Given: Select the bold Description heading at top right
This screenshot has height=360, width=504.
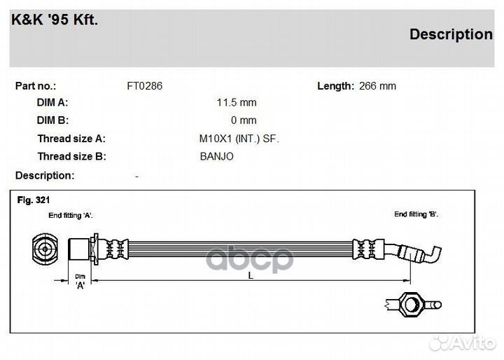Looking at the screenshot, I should pos(450,34).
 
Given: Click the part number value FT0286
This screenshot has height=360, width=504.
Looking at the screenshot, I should pos(144,86).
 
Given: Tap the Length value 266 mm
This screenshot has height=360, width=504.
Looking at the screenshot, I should pos(377,86).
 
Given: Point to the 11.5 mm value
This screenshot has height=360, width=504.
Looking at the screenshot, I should pos(237,103).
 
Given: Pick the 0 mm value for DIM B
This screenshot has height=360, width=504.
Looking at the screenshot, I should pos(244,120).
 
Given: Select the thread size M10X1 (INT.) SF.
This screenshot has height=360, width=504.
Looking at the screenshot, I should pos(239,139).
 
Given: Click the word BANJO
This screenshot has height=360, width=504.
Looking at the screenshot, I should pos(216,156).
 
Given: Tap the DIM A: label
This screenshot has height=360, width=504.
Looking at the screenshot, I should pos(52,103).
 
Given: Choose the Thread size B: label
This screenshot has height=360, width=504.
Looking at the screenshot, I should pos(71,156).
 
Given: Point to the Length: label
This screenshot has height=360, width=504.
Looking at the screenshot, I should pos(335,86).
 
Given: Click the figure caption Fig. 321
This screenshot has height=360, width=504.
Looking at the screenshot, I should pos(33,200).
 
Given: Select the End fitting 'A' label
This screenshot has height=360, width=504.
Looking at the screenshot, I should pos(71,216).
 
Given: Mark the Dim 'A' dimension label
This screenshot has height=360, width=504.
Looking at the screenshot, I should pos(80,281).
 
